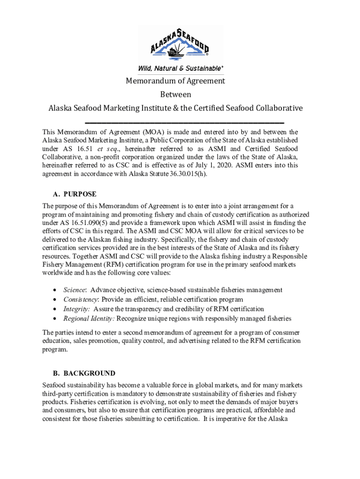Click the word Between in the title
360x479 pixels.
[x=176, y=94]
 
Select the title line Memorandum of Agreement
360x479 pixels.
[x=176, y=81]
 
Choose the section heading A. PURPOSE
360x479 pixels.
[x=75, y=194]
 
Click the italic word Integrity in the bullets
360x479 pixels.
[x=77, y=309]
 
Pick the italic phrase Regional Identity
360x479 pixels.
[x=89, y=319]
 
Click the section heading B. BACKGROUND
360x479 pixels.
[x=84, y=373]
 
